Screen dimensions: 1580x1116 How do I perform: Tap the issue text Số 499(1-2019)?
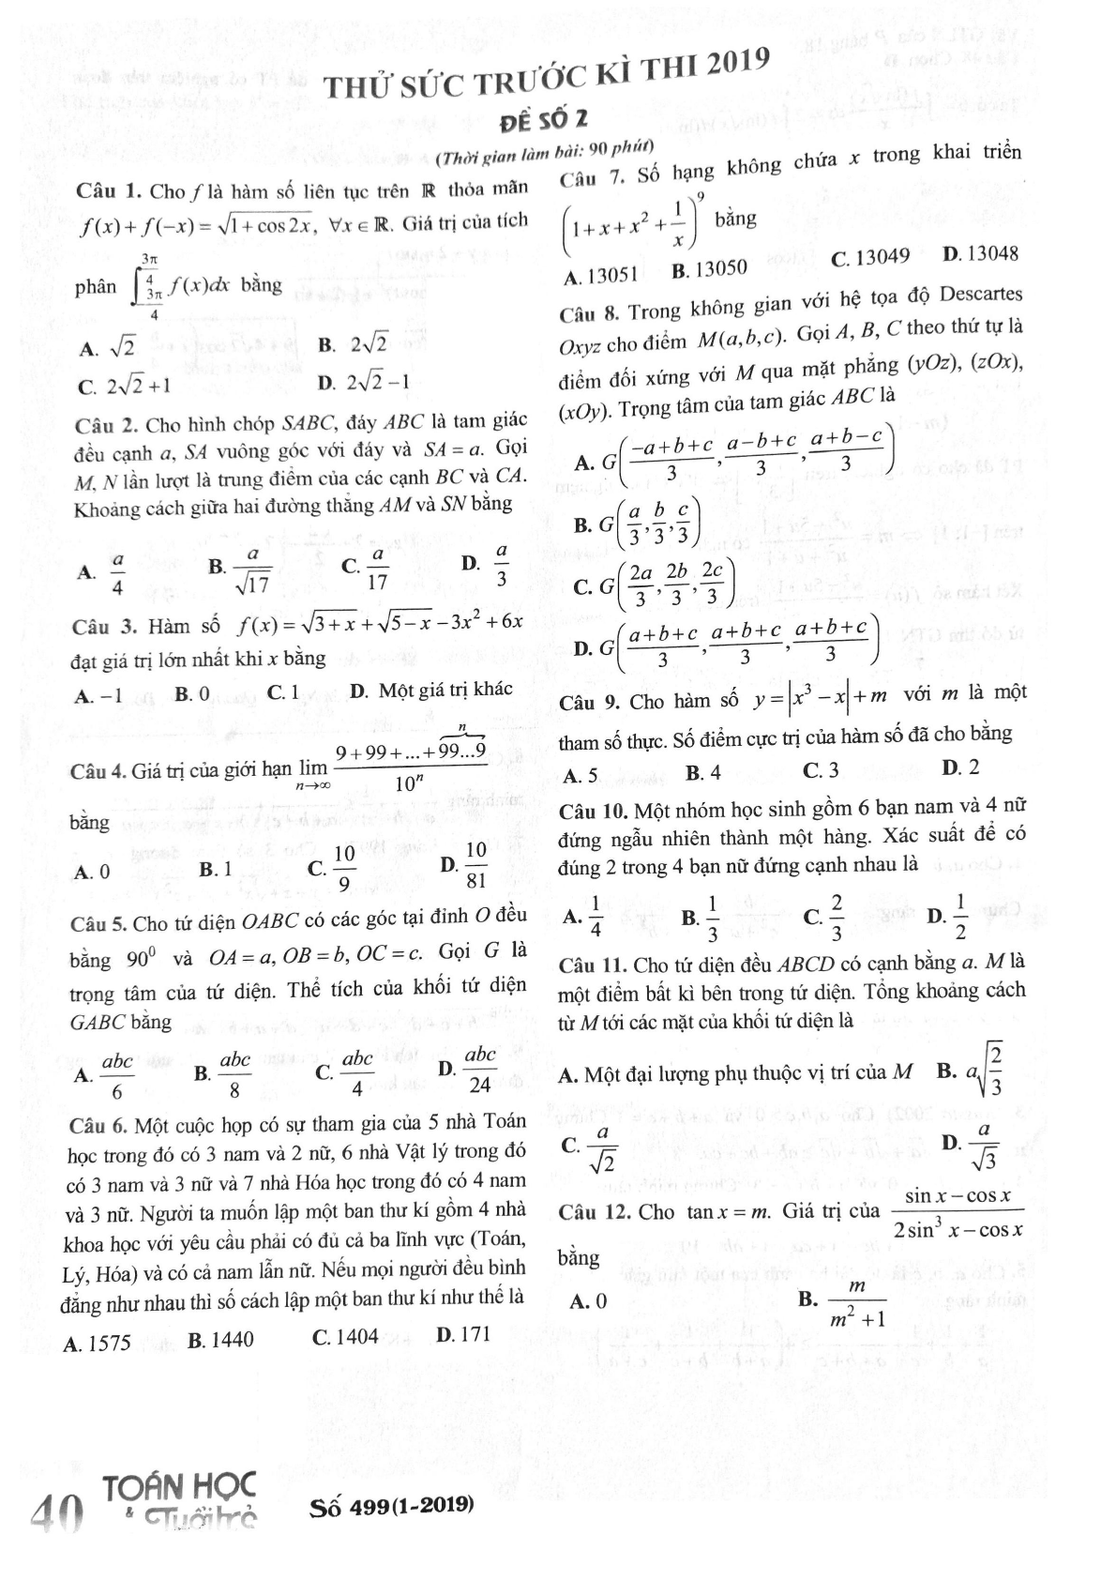391,1507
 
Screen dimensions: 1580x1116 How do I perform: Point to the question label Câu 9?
589,703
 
